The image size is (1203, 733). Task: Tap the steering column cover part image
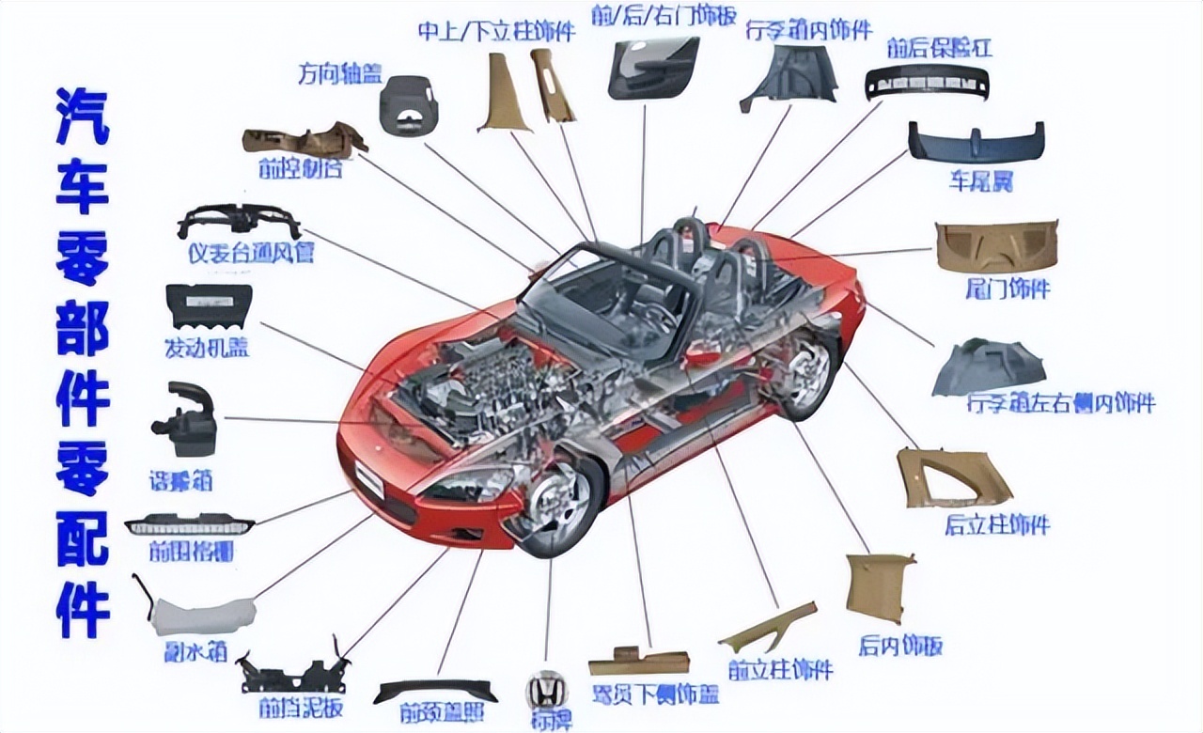[x=409, y=105]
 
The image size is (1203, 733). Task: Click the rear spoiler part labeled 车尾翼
[x=976, y=145]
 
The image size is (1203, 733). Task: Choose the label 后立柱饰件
[x=997, y=524]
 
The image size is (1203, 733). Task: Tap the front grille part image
[x=189, y=523]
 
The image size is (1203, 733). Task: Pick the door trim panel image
[x=653, y=67]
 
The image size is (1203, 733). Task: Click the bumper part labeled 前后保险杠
[x=926, y=83]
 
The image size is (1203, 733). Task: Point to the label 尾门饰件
[x=1008, y=289]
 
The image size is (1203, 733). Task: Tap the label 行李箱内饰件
[x=809, y=31]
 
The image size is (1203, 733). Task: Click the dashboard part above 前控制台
[x=304, y=141]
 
